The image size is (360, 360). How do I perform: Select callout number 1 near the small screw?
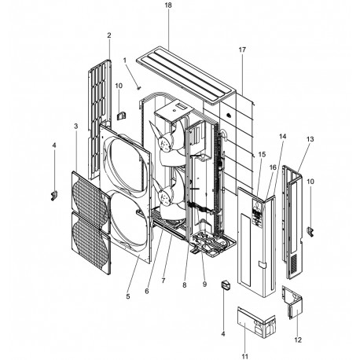pyautogui.click(x=124, y=61)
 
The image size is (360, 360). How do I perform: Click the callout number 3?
pyautogui.click(x=75, y=126)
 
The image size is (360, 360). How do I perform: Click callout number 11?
pyautogui.click(x=244, y=356)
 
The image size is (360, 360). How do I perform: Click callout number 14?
pyautogui.click(x=282, y=137)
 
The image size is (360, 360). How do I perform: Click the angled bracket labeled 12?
pyautogui.click(x=293, y=303)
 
